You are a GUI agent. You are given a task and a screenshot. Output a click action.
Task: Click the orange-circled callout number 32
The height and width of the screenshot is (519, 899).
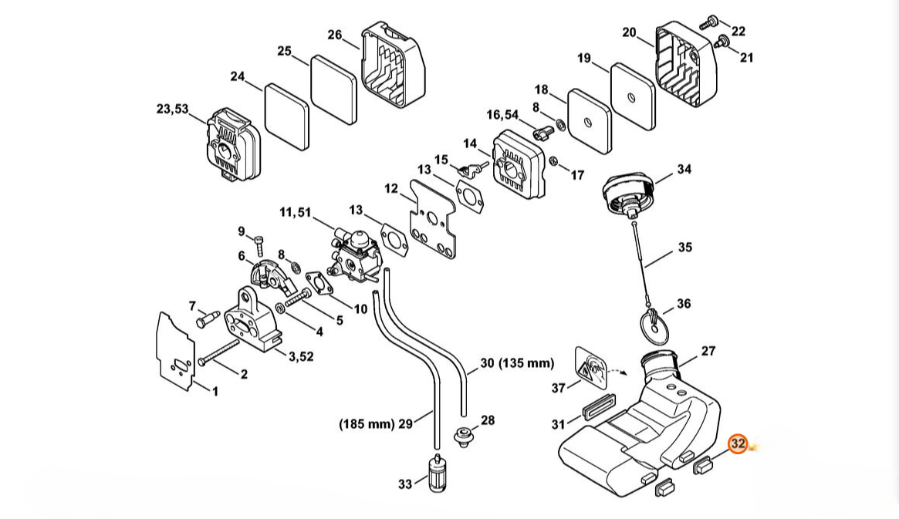pyautogui.click(x=737, y=443)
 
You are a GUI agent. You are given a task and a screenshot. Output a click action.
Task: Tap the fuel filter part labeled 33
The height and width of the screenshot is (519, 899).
pyautogui.click(x=437, y=472)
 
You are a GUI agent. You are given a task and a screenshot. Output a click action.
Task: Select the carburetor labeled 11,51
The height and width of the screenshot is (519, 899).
pyautogui.click(x=352, y=254)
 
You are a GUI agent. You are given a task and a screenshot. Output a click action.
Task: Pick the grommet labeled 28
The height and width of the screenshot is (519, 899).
pyautogui.click(x=462, y=436)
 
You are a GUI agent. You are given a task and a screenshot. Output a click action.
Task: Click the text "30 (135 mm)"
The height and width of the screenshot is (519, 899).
pyautogui.click(x=516, y=362)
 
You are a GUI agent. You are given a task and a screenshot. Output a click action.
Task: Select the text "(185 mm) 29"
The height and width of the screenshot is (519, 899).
pyautogui.click(x=376, y=424)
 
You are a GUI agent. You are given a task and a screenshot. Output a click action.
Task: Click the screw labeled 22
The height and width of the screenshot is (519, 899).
pyautogui.click(x=708, y=22)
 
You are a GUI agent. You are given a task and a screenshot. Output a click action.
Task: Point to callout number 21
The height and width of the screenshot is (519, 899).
pyautogui.click(x=746, y=57)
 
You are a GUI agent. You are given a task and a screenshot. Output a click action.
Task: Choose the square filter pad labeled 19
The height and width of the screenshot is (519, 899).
pyautogui.click(x=633, y=96)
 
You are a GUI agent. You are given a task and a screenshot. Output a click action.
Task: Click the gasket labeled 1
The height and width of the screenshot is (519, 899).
pyautogui.click(x=176, y=352)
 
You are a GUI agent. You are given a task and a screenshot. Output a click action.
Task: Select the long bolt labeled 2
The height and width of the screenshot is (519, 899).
pyautogui.click(x=218, y=352)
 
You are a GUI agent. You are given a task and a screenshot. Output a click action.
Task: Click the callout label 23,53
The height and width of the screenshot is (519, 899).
pyautogui.click(x=172, y=108)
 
